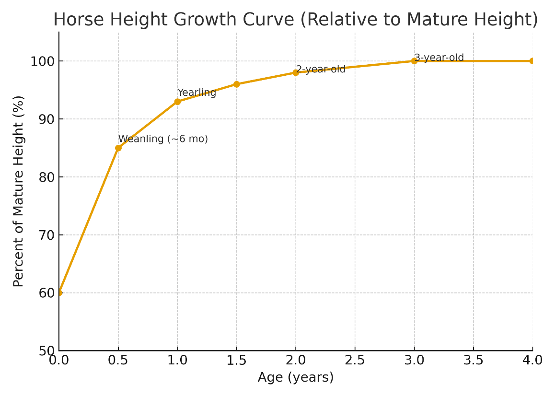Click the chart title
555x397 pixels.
tap(295, 19)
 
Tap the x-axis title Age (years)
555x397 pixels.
tap(295, 377)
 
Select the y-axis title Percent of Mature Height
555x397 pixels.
tap(18, 191)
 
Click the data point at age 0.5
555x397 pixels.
tap(118, 148)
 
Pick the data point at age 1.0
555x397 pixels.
tap(177, 102)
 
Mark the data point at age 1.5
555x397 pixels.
tap(236, 84)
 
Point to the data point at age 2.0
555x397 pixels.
tap(296, 72)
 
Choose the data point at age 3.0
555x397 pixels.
tap(414, 61)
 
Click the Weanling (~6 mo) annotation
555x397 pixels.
tap(163, 139)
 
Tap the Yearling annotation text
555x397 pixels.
tap(197, 93)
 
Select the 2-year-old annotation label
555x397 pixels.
tap(321, 69)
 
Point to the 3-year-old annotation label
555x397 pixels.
tap(439, 58)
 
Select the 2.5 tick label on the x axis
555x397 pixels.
tap(355, 360)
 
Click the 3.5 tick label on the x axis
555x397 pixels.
tap(473, 360)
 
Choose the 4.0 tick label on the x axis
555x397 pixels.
tap(532, 360)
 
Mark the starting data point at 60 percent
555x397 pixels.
tap(59, 292)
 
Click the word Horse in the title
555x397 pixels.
tap(72, 20)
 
